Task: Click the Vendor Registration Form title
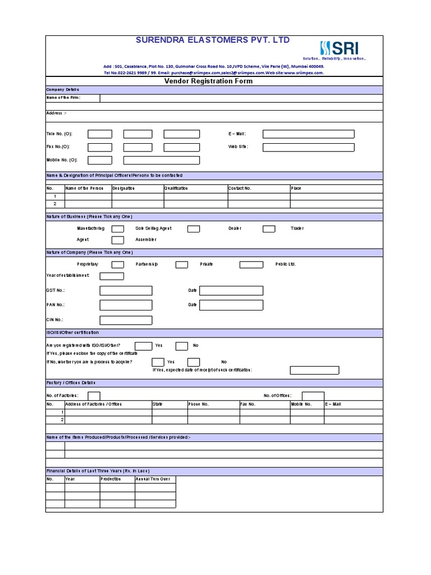click(x=208, y=81)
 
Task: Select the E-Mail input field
click(x=308, y=134)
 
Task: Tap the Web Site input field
click(x=308, y=147)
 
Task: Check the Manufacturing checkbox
click(x=118, y=229)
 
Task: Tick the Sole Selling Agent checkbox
click(x=194, y=229)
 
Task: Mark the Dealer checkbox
click(x=269, y=229)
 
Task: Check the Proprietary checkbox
click(x=118, y=264)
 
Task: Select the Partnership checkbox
click(x=182, y=264)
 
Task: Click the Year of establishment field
click(x=112, y=276)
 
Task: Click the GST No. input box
click(x=126, y=290)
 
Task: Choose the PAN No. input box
click(x=126, y=305)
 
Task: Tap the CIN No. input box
click(x=126, y=320)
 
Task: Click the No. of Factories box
click(x=94, y=396)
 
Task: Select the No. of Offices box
click(x=313, y=396)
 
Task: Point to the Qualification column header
click(x=177, y=189)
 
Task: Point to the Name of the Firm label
click(x=63, y=98)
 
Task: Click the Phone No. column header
click(x=199, y=404)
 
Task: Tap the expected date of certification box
click(x=314, y=370)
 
